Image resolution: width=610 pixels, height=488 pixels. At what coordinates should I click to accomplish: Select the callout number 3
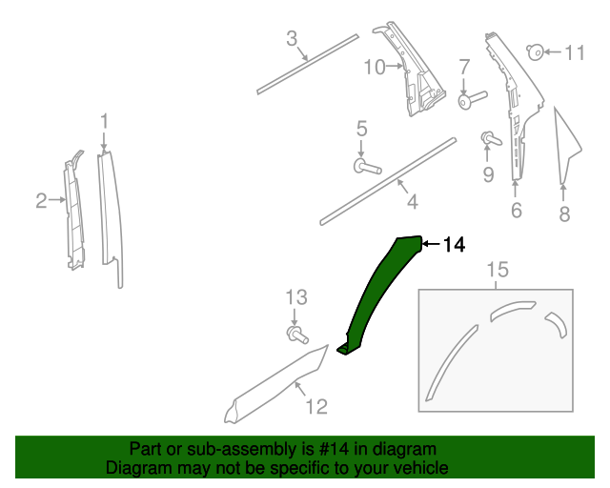point(293,39)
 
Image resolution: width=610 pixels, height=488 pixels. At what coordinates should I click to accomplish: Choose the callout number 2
point(41,200)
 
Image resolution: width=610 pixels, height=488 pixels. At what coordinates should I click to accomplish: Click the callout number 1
point(105,121)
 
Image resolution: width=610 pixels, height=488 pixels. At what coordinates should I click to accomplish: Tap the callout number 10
point(374,66)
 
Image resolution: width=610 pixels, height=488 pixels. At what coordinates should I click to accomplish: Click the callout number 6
point(516,211)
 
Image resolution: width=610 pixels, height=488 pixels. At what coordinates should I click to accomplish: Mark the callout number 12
point(315,407)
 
